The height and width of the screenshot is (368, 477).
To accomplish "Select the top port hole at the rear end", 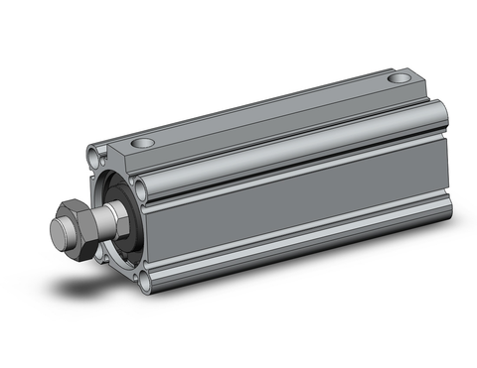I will (x=399, y=76).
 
